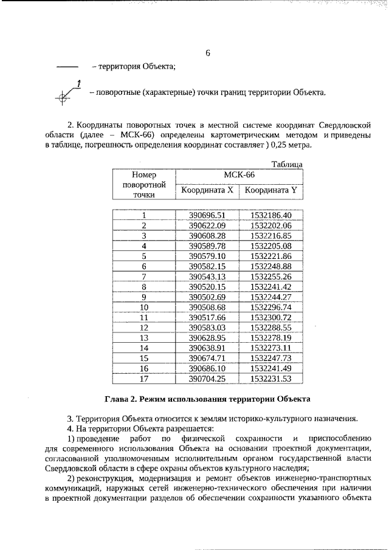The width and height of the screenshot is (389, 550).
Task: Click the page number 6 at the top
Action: [x=207, y=53]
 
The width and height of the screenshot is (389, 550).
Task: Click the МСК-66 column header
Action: [x=239, y=175]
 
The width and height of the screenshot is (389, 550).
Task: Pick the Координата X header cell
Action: [x=207, y=190]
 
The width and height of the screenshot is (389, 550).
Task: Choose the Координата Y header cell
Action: [x=271, y=190]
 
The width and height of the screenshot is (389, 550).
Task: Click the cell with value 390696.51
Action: [x=207, y=215]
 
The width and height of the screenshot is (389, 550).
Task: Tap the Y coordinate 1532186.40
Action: [x=271, y=215]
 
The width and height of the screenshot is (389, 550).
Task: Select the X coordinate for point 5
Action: [x=207, y=256]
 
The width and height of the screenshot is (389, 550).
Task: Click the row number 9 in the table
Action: [x=144, y=297]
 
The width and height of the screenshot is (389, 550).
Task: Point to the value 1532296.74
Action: [x=271, y=307]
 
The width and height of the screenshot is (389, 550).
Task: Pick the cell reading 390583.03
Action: [x=207, y=327]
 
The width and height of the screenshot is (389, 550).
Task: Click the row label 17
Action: [x=144, y=378]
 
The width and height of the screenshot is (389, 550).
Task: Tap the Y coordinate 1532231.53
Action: [x=271, y=378]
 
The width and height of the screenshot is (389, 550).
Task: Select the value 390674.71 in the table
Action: [x=207, y=358]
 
